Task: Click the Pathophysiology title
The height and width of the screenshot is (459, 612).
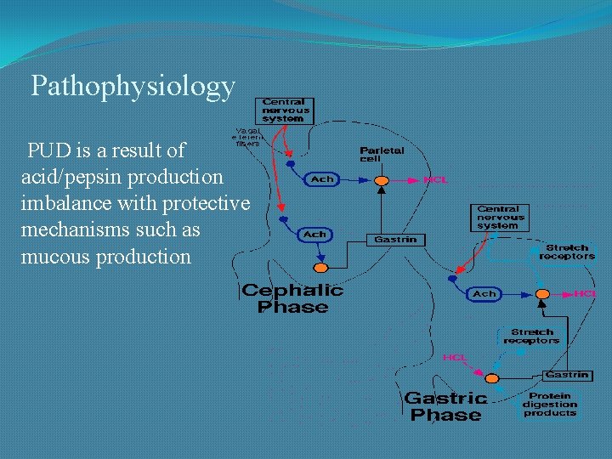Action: [133, 86]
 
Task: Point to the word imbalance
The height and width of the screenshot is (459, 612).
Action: [66, 204]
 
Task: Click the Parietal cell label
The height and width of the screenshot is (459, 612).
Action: [382, 154]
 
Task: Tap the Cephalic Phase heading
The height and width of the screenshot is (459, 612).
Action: [292, 298]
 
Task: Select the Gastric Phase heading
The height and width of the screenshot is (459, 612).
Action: [445, 406]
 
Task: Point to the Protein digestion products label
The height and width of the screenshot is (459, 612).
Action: [549, 405]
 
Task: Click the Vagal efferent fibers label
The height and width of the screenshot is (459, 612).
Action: [247, 137]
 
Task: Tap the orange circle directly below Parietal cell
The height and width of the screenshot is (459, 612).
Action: [382, 180]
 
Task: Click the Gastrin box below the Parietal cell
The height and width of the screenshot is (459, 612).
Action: [395, 240]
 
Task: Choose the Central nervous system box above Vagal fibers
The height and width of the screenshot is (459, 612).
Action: [286, 110]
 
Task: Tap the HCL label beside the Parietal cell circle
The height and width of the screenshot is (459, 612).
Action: [435, 180]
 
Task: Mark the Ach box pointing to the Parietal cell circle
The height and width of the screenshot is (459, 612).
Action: [323, 179]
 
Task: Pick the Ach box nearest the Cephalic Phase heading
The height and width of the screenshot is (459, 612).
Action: [314, 234]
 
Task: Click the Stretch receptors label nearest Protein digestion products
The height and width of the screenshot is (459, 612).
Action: [531, 337]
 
